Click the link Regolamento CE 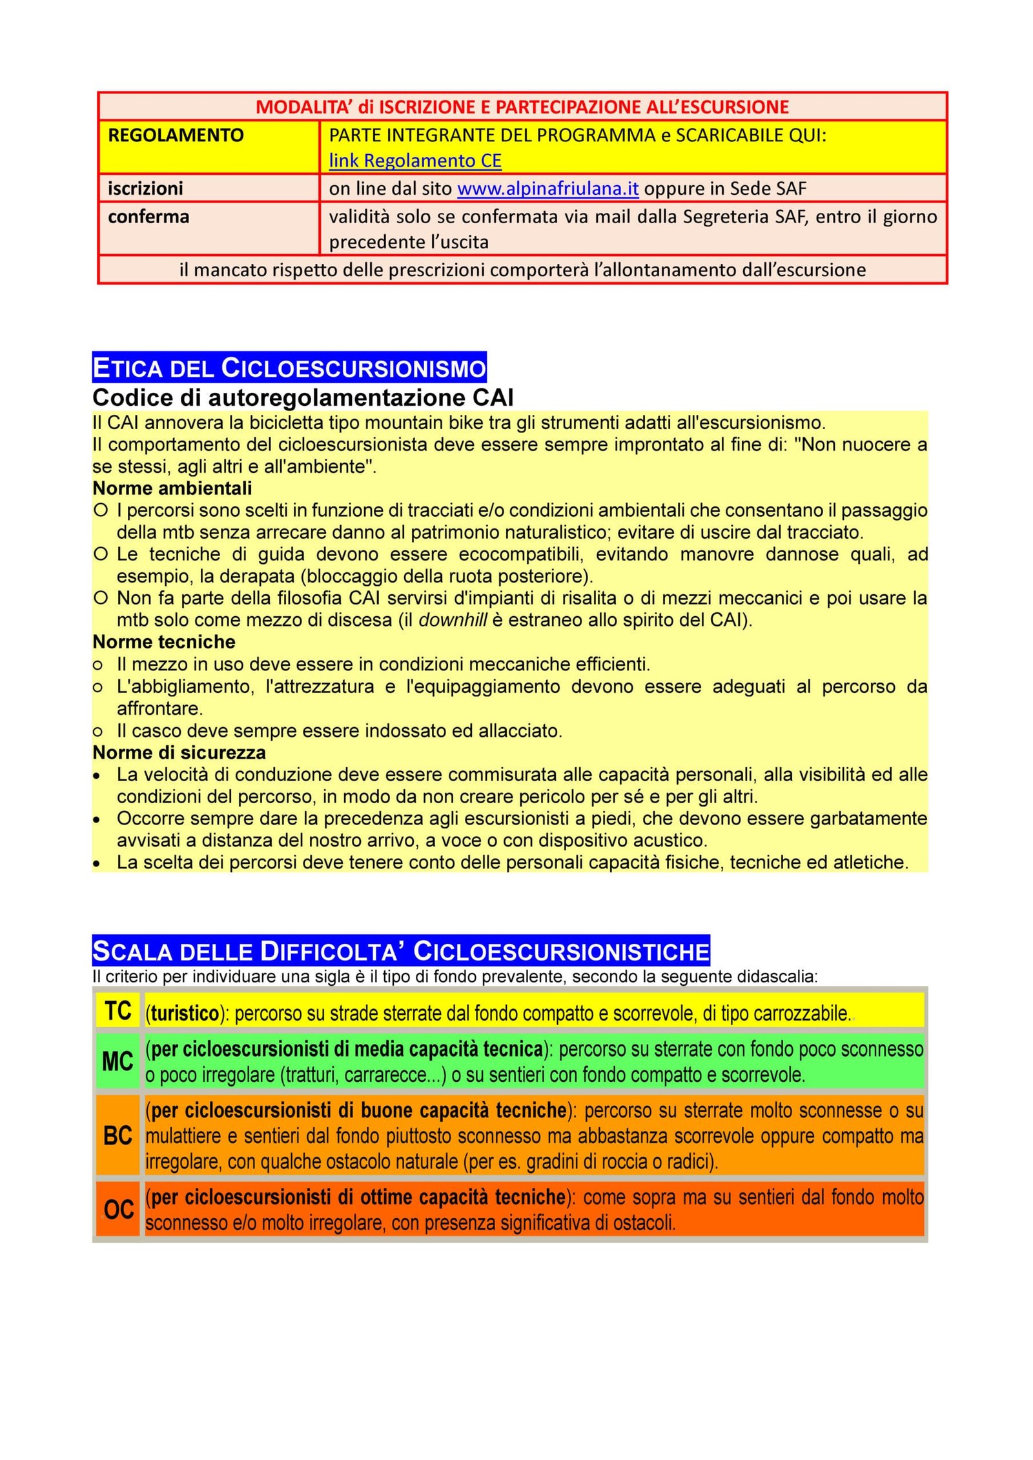tap(414, 161)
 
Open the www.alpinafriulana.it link tap(547, 188)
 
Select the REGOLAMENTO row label tap(176, 135)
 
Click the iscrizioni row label tap(145, 188)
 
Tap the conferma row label tap(148, 217)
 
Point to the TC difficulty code tap(118, 1011)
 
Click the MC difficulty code tap(118, 1061)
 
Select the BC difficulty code tap(118, 1135)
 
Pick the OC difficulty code tap(119, 1209)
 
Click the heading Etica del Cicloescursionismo tap(289, 368)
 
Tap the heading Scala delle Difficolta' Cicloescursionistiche tap(400, 952)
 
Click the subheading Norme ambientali tap(172, 488)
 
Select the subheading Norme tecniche tap(164, 642)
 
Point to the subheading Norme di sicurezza tap(179, 752)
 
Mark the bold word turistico tap(185, 1014)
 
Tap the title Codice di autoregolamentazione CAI tap(303, 397)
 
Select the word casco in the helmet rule tap(156, 731)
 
